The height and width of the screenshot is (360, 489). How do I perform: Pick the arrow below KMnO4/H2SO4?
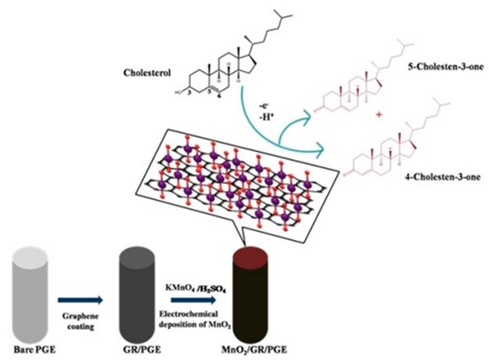(x=200, y=301)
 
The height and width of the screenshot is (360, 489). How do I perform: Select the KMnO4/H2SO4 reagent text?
(x=200, y=290)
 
